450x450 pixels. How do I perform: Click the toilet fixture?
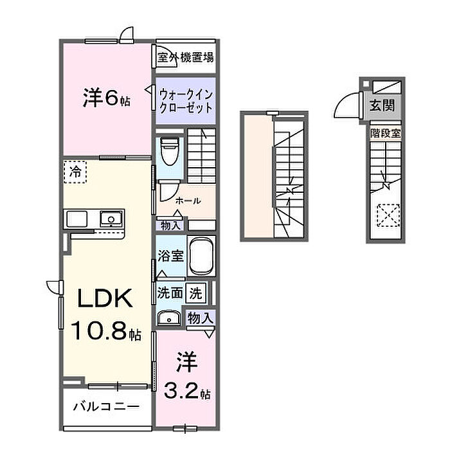(169, 150)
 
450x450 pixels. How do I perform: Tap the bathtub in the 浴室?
(201, 256)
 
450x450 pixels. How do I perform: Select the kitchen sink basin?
(111, 219)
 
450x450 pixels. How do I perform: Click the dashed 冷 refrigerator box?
(75, 172)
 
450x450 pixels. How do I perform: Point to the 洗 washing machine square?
(195, 293)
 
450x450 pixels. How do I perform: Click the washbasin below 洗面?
(169, 318)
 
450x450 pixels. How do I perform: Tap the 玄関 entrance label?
(382, 105)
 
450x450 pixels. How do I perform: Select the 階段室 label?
(385, 133)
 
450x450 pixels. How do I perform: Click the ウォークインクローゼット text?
(186, 101)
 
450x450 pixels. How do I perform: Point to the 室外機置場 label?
(186, 57)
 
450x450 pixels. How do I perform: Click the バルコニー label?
(107, 406)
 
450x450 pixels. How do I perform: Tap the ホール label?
(188, 201)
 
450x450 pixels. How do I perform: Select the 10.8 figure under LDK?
(99, 330)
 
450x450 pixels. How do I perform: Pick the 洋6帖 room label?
(106, 98)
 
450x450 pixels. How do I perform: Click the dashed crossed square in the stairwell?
(388, 215)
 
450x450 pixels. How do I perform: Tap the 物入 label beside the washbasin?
(201, 318)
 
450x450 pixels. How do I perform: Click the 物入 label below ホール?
(171, 226)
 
